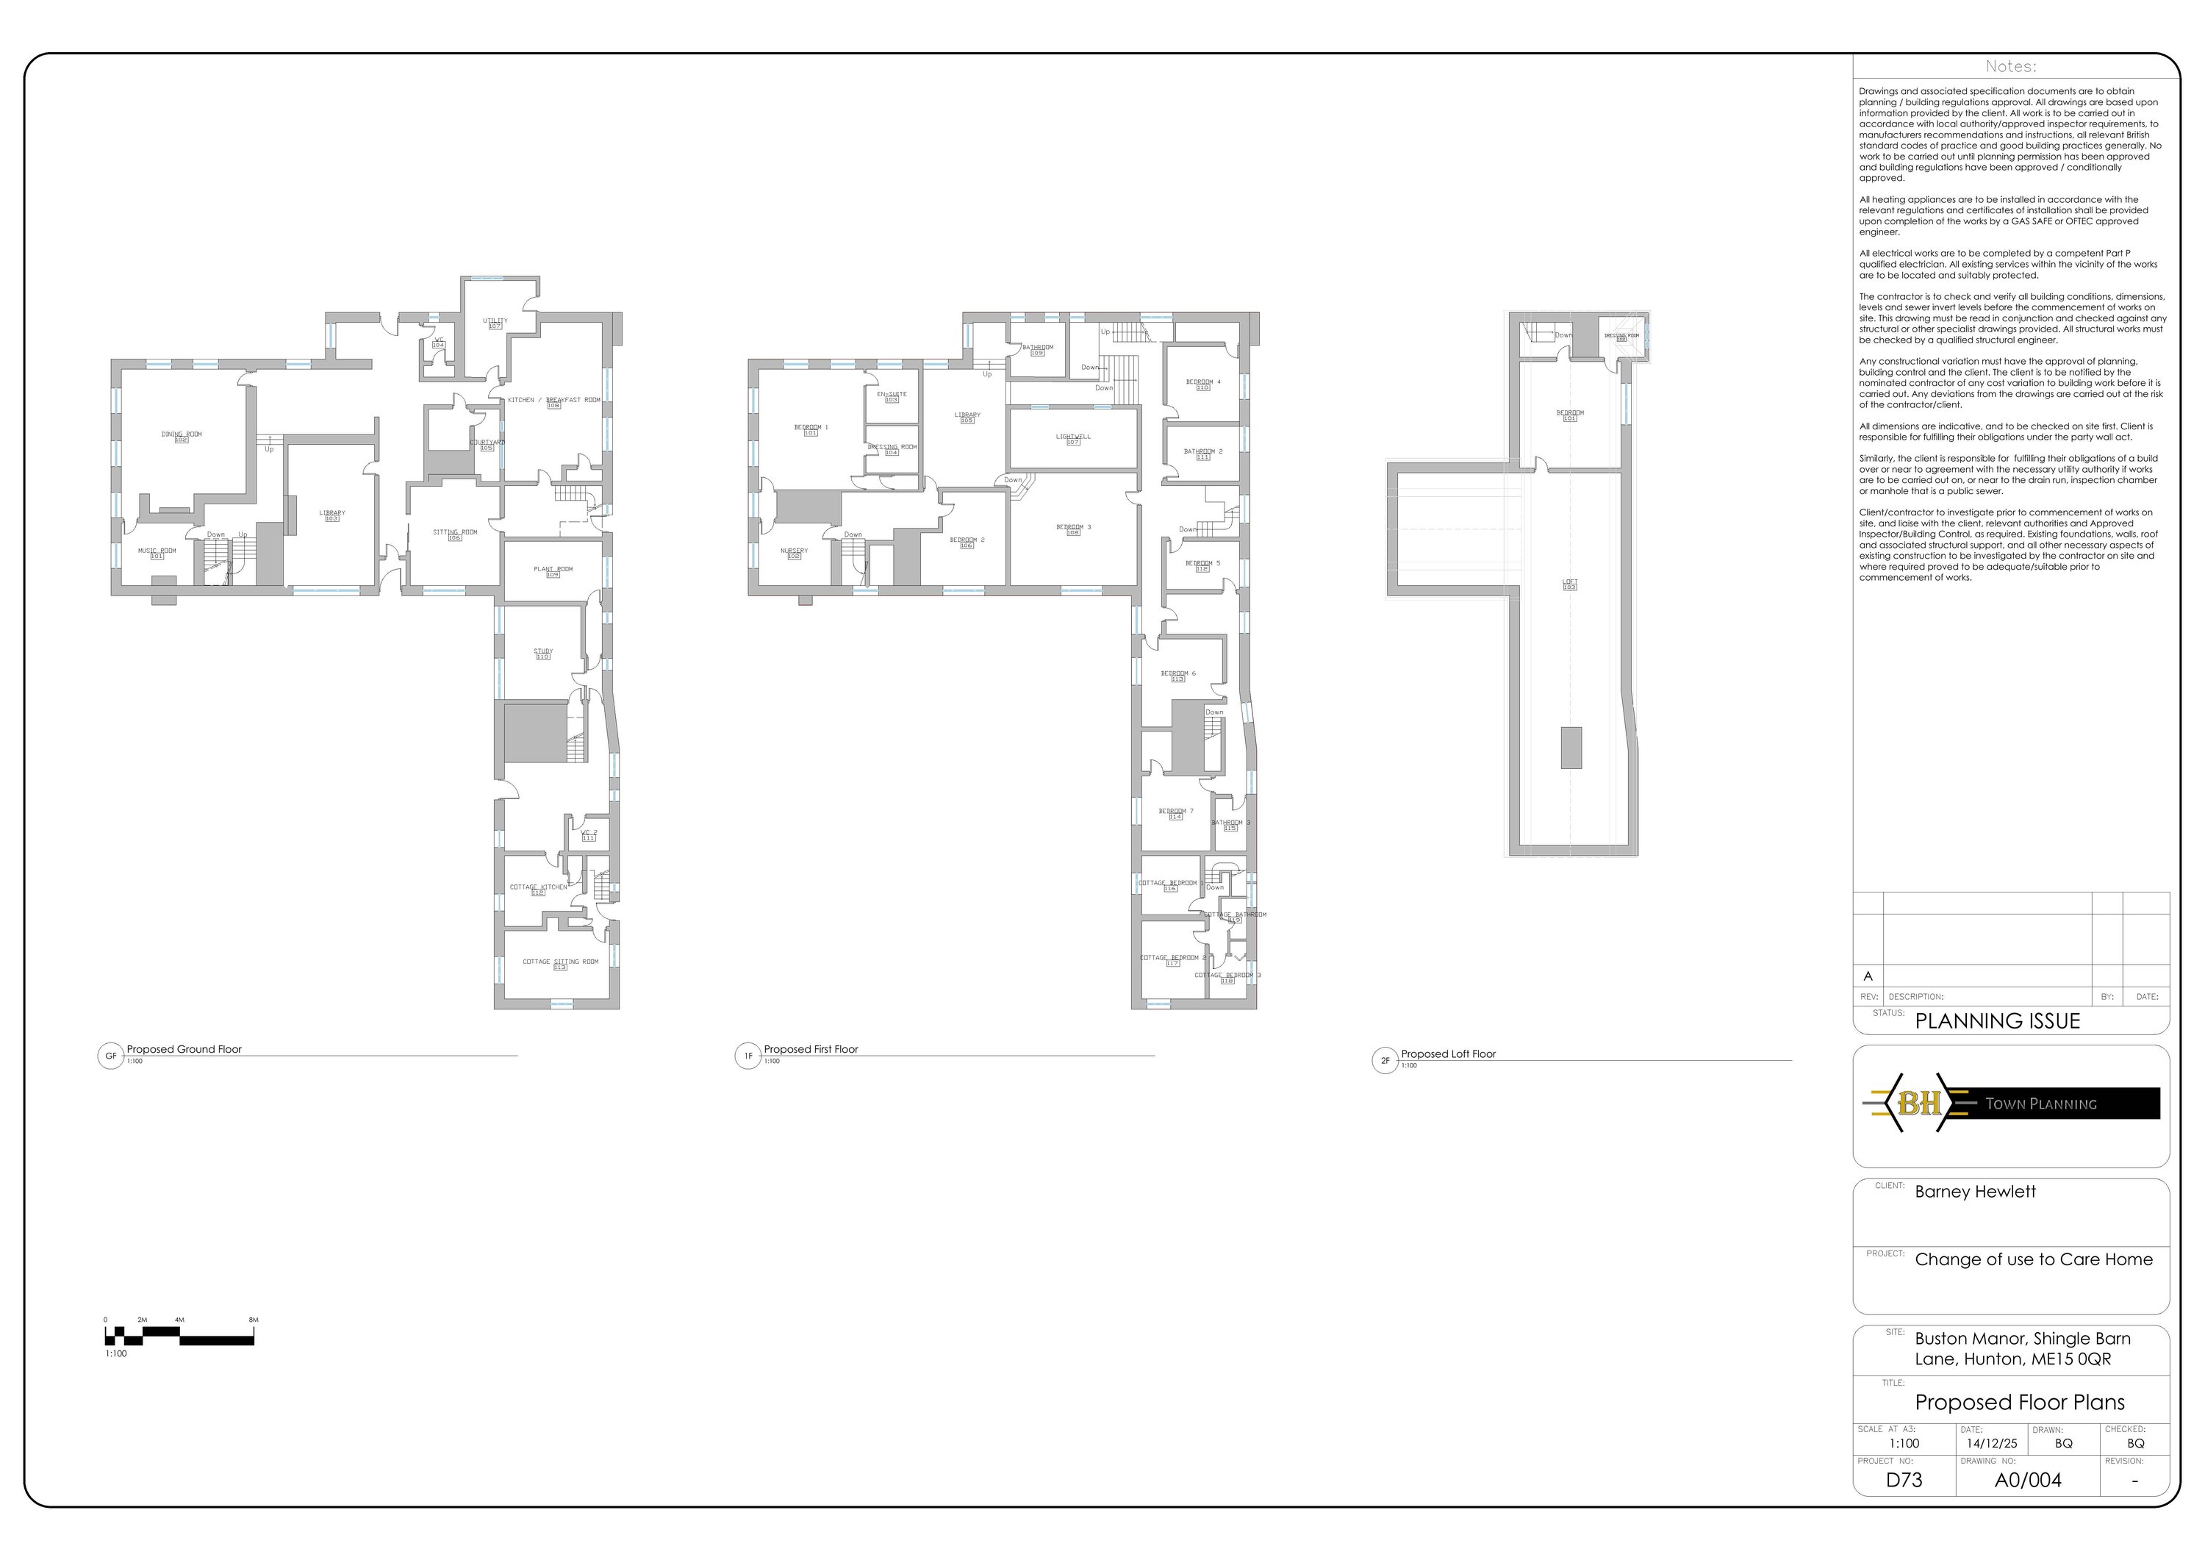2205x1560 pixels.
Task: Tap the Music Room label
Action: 157,552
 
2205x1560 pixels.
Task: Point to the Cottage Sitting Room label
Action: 560,962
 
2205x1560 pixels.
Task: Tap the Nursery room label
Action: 795,552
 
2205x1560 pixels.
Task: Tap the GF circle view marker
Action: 110,1056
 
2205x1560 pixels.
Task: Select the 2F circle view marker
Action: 1384,1061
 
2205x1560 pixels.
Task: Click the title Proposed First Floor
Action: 811,1049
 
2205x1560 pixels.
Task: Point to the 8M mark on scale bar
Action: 254,1320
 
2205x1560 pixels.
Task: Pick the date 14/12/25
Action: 1991,1444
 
